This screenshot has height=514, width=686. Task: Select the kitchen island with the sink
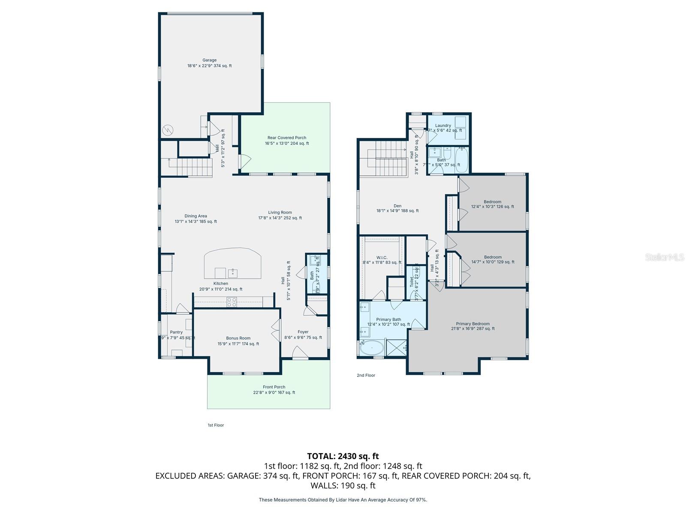(232, 264)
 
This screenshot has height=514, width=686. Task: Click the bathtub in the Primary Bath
(371, 349)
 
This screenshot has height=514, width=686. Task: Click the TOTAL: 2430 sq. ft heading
(343, 456)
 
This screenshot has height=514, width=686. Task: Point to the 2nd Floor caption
(366, 375)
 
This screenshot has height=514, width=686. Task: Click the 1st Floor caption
(216, 425)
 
